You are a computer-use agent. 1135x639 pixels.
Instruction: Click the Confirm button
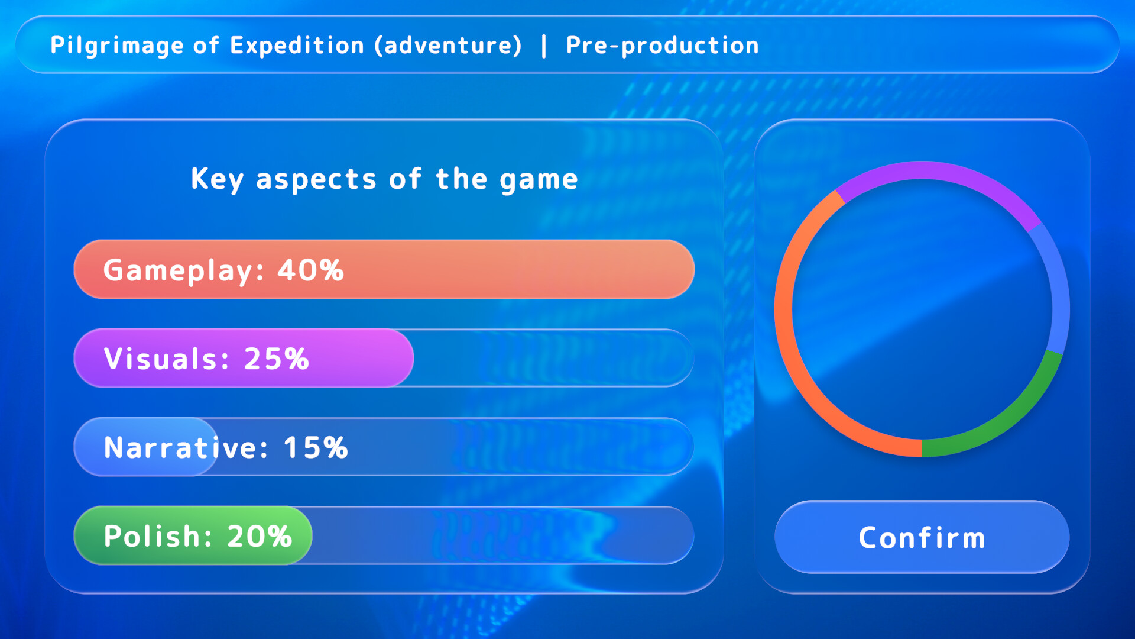click(x=922, y=537)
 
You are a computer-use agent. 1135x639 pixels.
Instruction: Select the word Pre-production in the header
click(x=662, y=46)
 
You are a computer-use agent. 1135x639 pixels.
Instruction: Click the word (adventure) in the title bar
click(x=448, y=46)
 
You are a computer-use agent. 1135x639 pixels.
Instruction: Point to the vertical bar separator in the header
click(x=544, y=46)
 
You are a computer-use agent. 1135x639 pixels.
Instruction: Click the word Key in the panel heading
click(x=216, y=179)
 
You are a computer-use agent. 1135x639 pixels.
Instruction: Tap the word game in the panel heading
click(x=539, y=179)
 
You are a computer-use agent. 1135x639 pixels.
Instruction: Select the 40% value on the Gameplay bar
click(x=310, y=270)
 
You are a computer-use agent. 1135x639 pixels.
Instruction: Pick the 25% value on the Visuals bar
click(x=276, y=359)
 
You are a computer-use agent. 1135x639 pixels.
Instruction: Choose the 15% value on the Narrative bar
click(x=316, y=448)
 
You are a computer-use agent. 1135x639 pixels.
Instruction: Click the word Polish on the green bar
click(x=153, y=537)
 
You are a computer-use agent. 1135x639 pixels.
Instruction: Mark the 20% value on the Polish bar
click(x=260, y=537)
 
